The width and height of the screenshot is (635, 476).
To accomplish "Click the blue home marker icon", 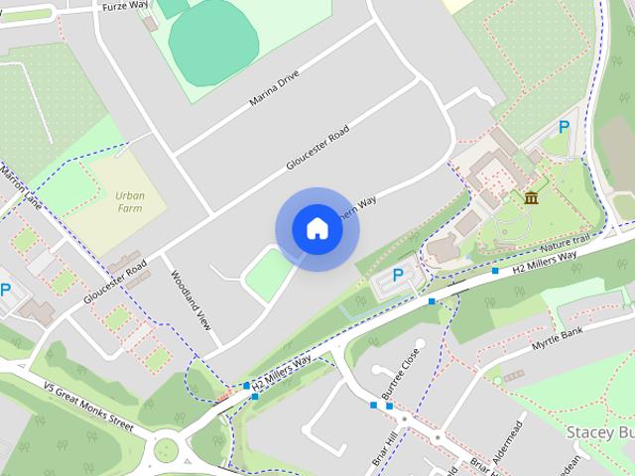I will [317, 228].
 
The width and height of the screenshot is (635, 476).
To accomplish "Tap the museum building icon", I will [532, 197].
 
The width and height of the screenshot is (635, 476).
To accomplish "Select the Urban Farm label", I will [129, 202].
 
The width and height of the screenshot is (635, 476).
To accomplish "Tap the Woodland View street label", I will [191, 300].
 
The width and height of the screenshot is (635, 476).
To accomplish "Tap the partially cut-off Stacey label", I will [599, 433].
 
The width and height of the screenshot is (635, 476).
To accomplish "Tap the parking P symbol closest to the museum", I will [564, 126].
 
